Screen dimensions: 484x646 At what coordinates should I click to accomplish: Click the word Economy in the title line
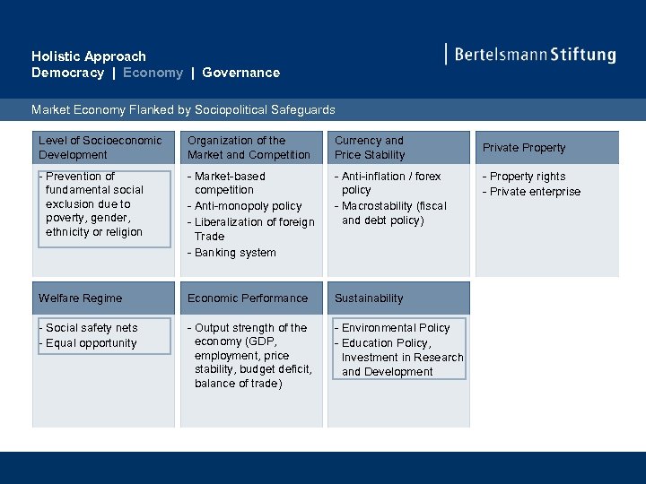(153, 73)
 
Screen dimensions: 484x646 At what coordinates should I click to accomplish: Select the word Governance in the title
(240, 73)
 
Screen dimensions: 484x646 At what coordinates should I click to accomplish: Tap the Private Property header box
(546, 148)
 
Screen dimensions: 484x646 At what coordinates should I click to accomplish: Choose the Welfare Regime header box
(101, 298)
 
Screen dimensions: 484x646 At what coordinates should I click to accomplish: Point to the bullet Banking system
(235, 253)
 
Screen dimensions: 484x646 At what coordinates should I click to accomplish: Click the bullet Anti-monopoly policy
(248, 206)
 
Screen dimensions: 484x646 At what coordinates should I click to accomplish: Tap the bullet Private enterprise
(535, 192)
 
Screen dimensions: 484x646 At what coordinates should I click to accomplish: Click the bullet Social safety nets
(92, 328)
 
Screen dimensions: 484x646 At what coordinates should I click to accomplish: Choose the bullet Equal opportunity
(91, 343)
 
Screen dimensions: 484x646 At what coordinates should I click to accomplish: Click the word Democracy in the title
(67, 73)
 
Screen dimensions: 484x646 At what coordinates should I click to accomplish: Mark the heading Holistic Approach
(88, 56)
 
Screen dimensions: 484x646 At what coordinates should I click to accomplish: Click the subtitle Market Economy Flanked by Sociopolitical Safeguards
(183, 109)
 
